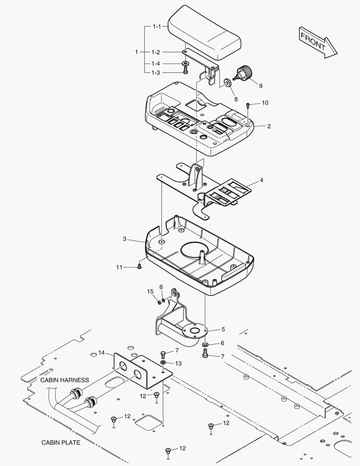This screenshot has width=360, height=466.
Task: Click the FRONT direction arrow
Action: (318, 41)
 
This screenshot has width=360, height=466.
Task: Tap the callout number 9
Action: (260, 85)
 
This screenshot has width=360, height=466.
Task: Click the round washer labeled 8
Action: (227, 82)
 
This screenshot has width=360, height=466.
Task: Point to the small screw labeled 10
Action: (248, 104)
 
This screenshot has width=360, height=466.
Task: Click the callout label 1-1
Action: (156, 27)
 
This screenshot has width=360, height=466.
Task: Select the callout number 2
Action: (269, 126)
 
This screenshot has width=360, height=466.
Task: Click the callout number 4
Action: (261, 180)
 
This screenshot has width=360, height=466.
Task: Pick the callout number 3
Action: (125, 239)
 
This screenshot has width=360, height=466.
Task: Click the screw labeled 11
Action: (140, 268)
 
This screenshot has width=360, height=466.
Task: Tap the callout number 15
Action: (150, 292)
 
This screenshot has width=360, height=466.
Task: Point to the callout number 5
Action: (223, 329)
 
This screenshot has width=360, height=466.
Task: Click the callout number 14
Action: (102, 353)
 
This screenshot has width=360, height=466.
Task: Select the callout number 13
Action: (178, 363)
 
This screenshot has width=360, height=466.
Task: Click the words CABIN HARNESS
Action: (65, 380)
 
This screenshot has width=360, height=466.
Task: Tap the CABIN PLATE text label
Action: (61, 442)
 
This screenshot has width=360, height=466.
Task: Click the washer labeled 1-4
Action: (185, 64)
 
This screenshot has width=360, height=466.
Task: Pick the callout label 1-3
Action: (156, 72)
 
